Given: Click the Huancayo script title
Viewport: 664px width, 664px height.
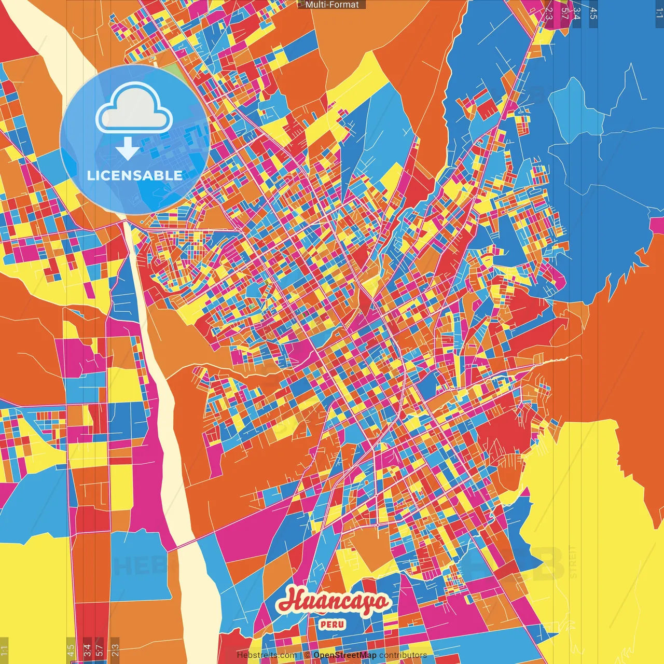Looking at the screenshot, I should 333,602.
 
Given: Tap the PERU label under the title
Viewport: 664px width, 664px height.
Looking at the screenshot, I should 332,624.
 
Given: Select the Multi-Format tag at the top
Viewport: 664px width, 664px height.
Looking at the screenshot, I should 332,5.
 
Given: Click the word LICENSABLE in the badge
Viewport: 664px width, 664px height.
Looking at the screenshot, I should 135,175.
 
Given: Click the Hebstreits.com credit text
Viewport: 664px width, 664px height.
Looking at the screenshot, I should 267,655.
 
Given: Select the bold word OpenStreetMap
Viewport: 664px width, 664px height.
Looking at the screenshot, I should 345,655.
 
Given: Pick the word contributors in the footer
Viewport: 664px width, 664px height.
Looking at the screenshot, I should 403,655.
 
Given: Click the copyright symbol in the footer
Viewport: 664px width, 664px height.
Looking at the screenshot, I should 307,655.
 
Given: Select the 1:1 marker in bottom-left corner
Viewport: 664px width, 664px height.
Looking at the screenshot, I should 5,651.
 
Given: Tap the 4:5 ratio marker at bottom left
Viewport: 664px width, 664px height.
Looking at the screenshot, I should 71,651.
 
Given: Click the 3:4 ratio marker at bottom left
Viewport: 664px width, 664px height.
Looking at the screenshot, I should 87,651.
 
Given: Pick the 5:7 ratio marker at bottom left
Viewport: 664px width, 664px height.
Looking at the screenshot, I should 99,651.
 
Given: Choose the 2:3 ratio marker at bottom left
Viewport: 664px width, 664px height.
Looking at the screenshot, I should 115,651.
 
